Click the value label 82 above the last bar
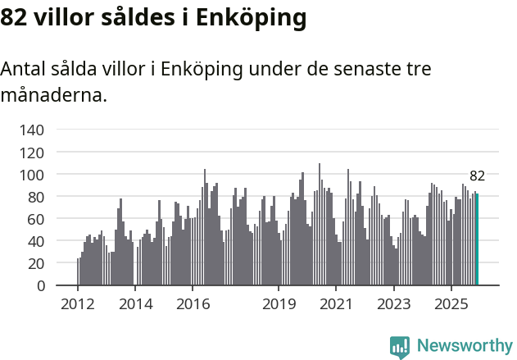tap(478, 175)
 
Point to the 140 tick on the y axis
tap(32, 130)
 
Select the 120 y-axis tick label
tap(32, 152)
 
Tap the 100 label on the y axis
tap(32, 175)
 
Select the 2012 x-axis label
tap(78, 304)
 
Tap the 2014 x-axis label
tap(135, 304)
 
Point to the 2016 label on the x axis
tap(193, 304)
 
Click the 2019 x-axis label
tap(279, 304)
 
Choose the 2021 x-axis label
tap(336, 304)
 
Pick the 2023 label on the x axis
tap(393, 304)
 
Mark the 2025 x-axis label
tap(451, 304)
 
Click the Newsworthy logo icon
tap(400, 346)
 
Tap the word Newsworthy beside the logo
tap(464, 346)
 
